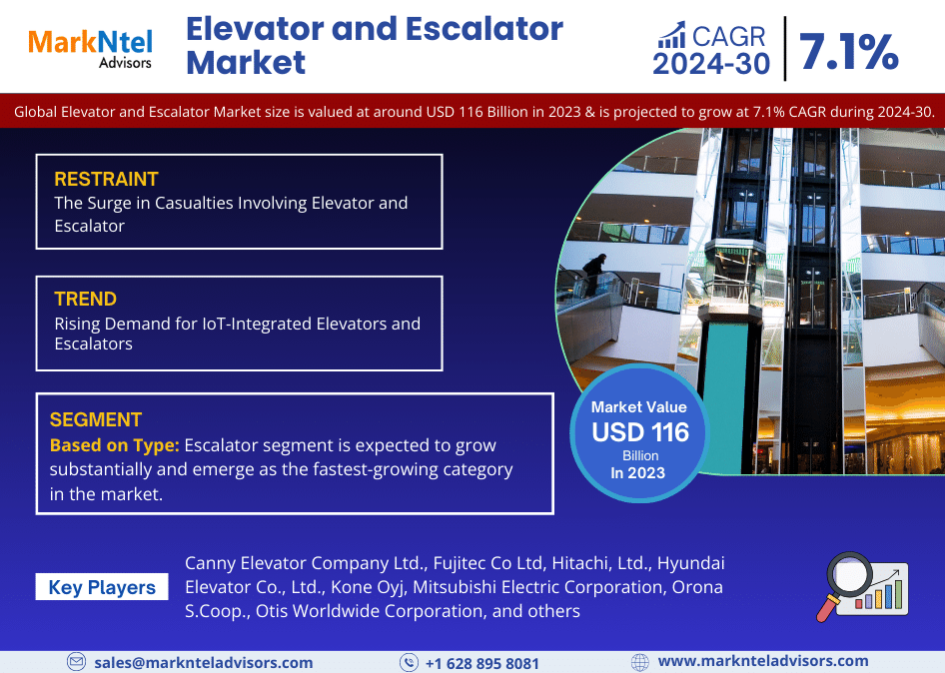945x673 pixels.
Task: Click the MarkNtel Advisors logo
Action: pos(90,48)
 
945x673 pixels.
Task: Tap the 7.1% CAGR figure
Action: pos(848,52)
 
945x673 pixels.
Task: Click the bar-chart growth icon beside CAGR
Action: pos(672,35)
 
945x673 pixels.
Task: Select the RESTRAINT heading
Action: pos(106,179)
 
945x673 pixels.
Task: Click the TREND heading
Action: pos(86,299)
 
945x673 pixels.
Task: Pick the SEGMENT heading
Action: pos(96,419)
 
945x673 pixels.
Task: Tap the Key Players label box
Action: pos(102,587)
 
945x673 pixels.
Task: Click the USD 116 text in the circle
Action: pos(640,432)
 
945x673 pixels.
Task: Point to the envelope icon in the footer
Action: pos(76,662)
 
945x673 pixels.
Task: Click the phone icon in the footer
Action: pos(409,663)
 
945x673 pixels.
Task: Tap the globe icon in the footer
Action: pos(640,663)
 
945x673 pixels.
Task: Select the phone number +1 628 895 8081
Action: pos(482,663)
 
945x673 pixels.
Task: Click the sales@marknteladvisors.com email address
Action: pos(204,662)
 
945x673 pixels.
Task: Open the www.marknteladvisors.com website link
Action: pos(763,661)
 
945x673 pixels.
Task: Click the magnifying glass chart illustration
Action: pos(862,587)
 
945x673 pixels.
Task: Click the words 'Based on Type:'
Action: pos(115,445)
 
